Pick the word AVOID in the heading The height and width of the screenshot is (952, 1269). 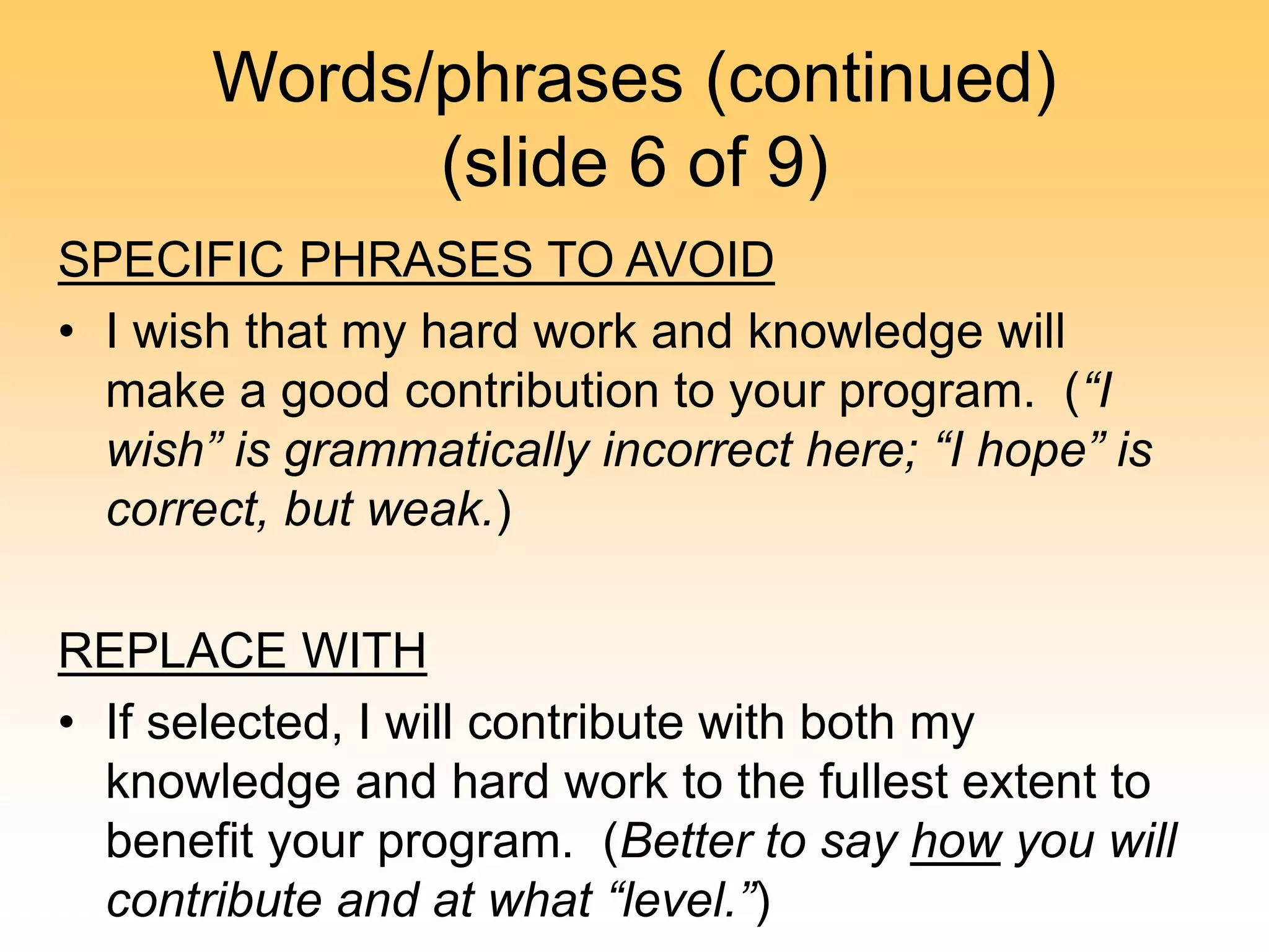(700, 260)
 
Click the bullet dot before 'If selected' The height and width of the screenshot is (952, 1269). (67, 722)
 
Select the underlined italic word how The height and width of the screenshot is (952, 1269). (955, 841)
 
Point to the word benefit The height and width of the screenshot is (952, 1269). (178, 841)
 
